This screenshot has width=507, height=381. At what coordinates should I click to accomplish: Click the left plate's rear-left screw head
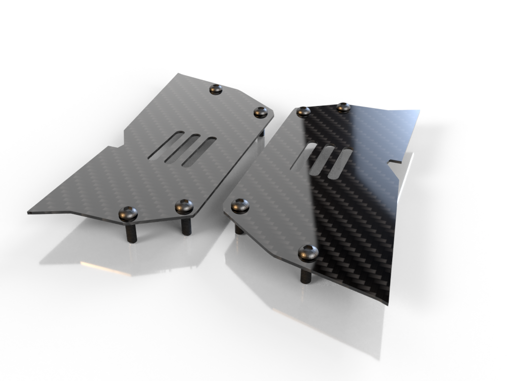tap(215, 89)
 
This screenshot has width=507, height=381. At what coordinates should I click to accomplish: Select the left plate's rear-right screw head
tap(260, 112)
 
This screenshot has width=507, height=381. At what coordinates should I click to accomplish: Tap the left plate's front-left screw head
tap(128, 214)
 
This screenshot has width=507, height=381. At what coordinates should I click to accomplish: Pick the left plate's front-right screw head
tap(184, 206)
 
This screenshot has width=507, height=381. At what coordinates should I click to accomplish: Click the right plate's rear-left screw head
tap(304, 112)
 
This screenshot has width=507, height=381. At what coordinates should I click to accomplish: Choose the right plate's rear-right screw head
tap(343, 107)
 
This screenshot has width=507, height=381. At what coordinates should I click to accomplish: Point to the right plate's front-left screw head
tap(240, 205)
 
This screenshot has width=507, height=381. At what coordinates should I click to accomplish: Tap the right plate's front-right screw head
tap(308, 253)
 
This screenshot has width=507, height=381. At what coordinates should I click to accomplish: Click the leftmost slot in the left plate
tap(166, 146)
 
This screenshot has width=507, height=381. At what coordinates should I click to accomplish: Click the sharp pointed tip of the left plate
tap(30, 212)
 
